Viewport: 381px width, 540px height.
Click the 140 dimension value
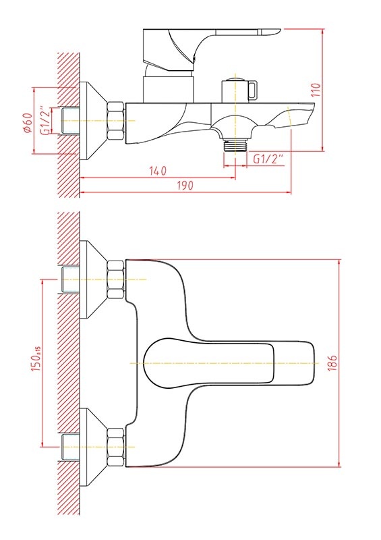(x=158, y=171)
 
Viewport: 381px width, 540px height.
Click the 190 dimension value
(x=185, y=185)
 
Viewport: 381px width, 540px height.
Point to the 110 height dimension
(x=316, y=90)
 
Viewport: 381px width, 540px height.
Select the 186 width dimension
(x=332, y=363)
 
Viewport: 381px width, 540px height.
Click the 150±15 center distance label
(x=36, y=359)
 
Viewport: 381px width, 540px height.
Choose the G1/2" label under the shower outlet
(x=268, y=159)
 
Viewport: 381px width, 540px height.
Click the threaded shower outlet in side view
(x=235, y=145)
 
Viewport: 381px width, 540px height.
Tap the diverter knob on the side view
(x=239, y=90)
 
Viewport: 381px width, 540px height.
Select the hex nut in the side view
(x=115, y=121)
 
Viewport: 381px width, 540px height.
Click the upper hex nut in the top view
(x=115, y=279)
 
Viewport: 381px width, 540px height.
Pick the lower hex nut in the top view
(x=115, y=447)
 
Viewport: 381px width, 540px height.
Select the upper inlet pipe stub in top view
(x=71, y=279)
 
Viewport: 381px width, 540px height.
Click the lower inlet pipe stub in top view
(x=71, y=447)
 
